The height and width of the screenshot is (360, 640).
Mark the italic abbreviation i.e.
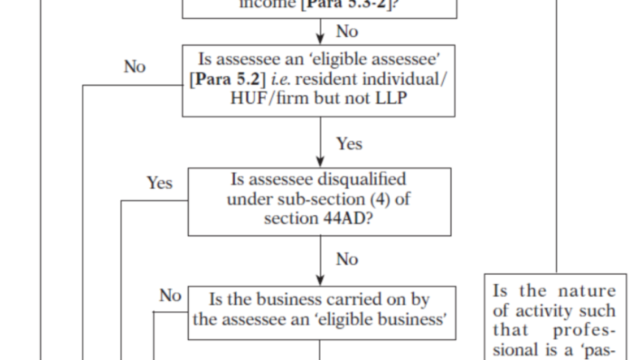(x=281, y=79)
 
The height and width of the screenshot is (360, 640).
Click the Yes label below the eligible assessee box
(x=349, y=143)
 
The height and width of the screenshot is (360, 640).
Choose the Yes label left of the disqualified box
(x=159, y=183)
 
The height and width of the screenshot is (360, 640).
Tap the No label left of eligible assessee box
(x=135, y=67)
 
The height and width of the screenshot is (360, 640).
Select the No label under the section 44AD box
(x=347, y=260)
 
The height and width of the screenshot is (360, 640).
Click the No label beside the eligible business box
(x=170, y=295)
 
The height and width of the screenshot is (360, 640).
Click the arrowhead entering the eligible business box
(x=320, y=280)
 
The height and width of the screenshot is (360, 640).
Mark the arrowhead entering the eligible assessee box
(x=320, y=39)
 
